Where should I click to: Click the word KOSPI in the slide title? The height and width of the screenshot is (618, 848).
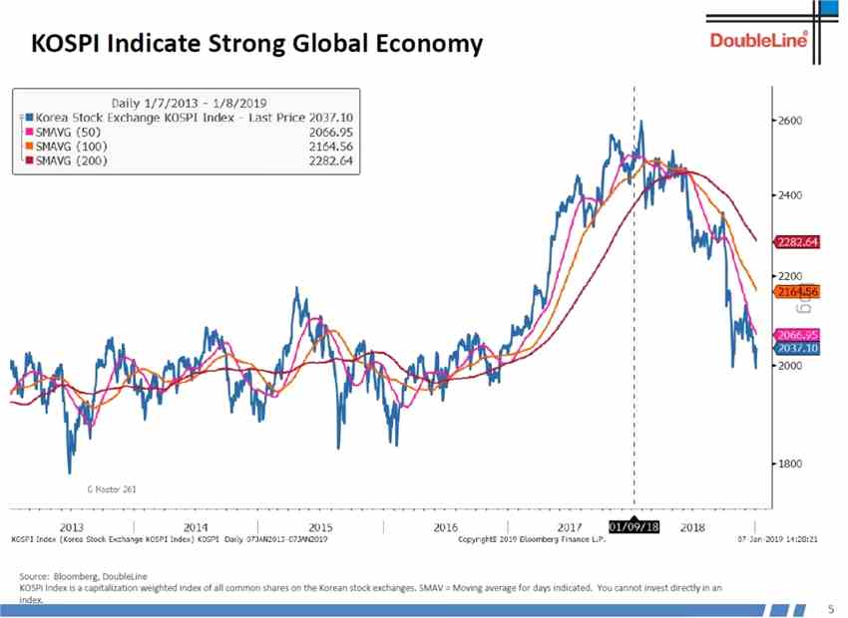tap(67, 45)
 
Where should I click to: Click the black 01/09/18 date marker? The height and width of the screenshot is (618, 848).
tap(635, 525)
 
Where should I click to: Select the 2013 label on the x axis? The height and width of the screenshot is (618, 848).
tap(72, 526)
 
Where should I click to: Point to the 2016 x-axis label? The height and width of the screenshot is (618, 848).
tap(445, 526)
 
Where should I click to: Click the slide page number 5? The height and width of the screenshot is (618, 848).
tap(831, 607)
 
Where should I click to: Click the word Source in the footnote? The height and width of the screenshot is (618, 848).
tap(33, 577)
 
